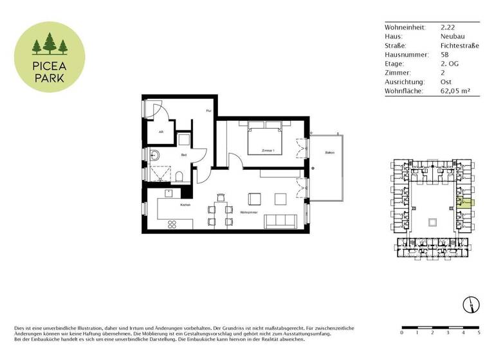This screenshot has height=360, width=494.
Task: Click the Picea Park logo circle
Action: tap(50, 55)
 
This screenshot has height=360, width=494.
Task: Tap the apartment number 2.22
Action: tap(448, 28)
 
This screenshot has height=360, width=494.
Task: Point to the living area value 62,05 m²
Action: tap(455, 91)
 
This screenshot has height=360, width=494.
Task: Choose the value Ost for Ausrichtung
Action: tap(445, 82)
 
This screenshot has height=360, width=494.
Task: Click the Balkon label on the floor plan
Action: tap(329, 153)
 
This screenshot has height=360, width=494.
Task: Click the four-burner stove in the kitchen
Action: tap(173, 224)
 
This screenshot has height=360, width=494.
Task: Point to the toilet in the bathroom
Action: tap(181, 176)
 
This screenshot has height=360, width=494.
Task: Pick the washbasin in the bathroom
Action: tap(154, 154)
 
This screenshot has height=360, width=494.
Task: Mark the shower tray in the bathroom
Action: tap(158, 174)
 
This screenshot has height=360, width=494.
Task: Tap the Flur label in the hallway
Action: tap(208, 111)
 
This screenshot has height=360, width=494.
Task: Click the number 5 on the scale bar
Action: tap(479, 333)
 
